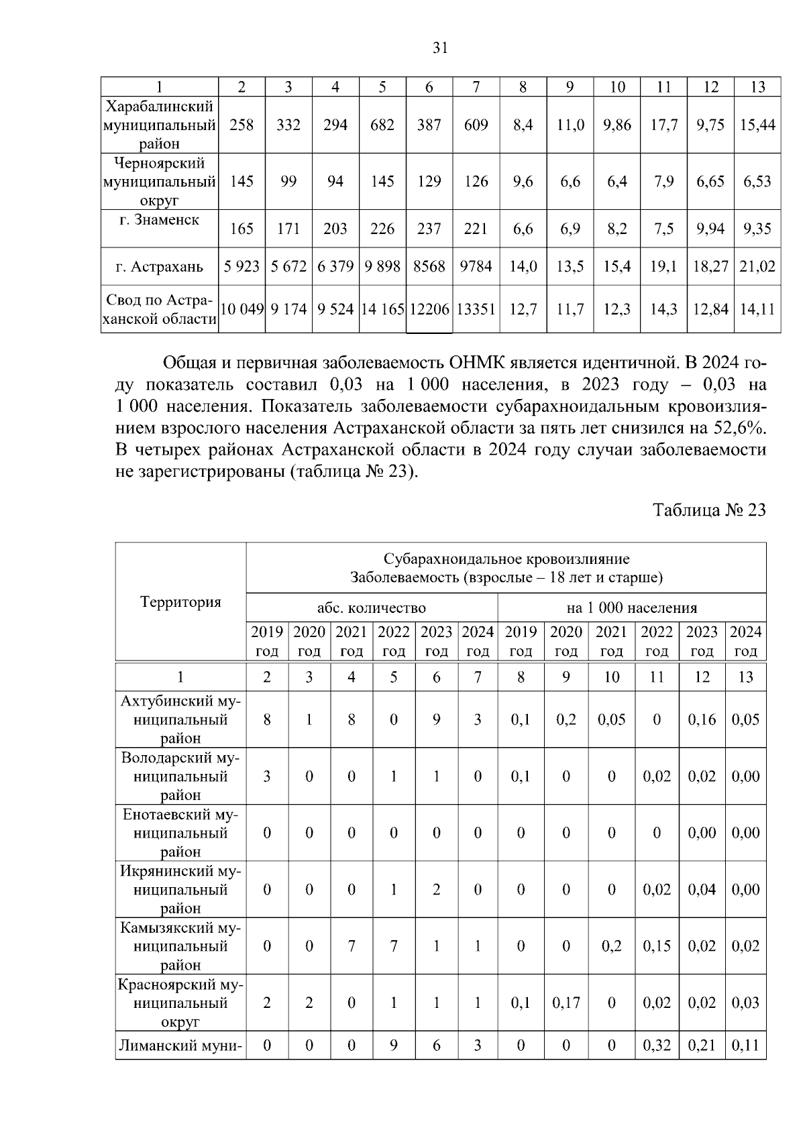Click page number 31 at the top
[440, 48]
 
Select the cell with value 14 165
[382, 309]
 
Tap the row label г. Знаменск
[160, 220]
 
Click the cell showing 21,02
[757, 266]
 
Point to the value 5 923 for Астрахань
[241, 266]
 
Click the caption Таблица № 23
[709, 510]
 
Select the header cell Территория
[180, 602]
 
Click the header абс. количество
[372, 608]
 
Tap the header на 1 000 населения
[631, 608]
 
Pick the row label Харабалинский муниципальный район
[160, 125]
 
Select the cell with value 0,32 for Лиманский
[657, 1045]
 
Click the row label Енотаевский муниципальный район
[180, 833]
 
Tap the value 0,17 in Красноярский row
[566, 1003]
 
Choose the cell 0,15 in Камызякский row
[657, 946]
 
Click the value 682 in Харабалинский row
[382, 125]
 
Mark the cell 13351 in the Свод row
[476, 309]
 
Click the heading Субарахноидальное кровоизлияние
[506, 559]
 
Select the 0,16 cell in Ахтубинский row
[702, 720]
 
